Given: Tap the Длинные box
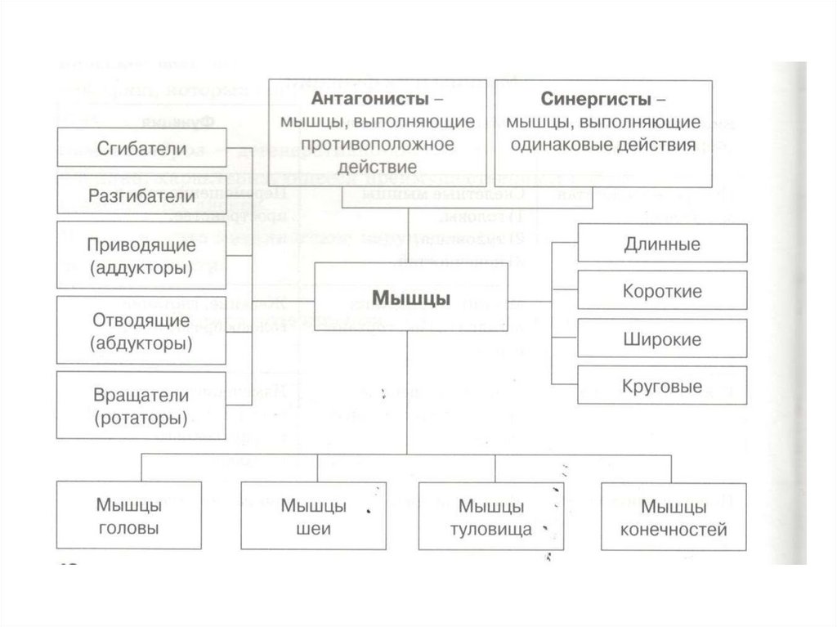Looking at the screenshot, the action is click(x=662, y=244).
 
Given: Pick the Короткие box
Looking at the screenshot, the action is click(x=662, y=292).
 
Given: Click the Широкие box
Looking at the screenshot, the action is click(x=662, y=339).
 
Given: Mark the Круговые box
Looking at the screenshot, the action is click(x=662, y=387).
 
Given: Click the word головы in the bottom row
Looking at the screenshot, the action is click(x=128, y=528).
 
